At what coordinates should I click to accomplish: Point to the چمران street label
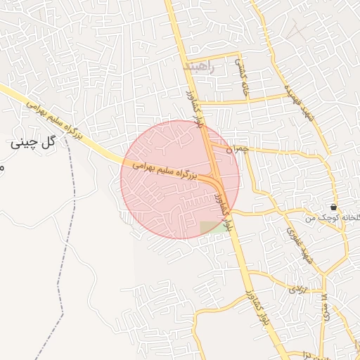[x=239, y=149]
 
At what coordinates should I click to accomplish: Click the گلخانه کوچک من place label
[x=332, y=218]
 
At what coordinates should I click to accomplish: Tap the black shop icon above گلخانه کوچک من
[x=333, y=207]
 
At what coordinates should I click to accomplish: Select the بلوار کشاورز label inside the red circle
[x=220, y=193]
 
